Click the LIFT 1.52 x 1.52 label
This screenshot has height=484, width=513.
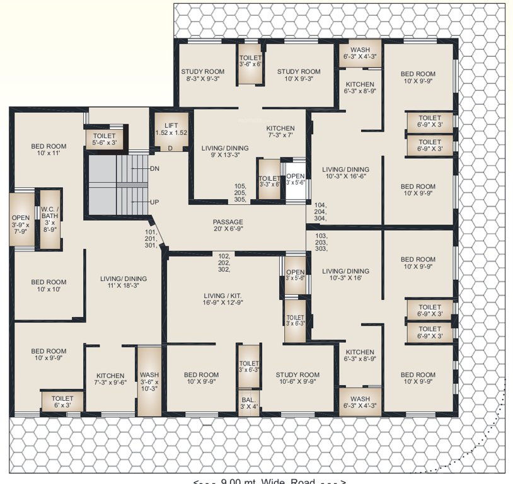tap(171, 129)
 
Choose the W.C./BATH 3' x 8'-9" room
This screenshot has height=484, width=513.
tap(50, 217)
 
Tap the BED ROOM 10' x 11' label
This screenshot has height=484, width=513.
tap(49, 150)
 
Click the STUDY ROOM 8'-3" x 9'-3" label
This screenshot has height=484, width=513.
tap(202, 76)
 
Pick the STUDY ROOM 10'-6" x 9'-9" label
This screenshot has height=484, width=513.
tap(297, 378)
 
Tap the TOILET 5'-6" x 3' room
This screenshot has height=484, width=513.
tap(104, 139)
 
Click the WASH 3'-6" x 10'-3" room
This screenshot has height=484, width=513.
tap(149, 382)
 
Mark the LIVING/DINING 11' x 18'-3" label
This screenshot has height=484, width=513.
tap(124, 283)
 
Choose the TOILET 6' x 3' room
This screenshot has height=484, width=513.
tap(62, 402)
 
